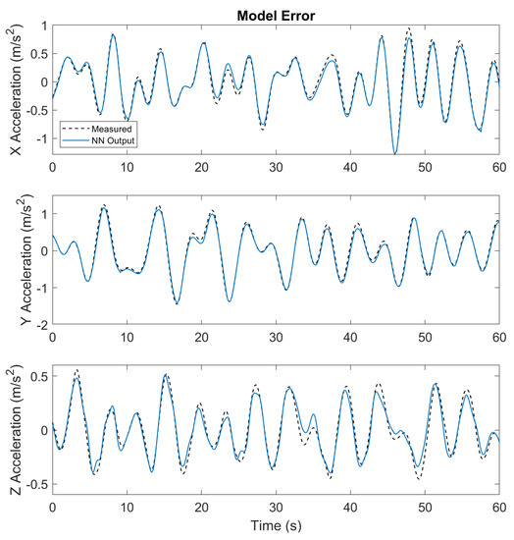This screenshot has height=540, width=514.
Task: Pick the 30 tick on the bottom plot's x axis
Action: (x=275, y=508)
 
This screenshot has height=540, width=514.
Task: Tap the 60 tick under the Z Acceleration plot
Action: (x=497, y=508)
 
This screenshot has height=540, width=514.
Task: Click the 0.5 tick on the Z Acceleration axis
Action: (x=36, y=376)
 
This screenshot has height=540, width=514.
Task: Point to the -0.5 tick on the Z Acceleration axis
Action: (x=33, y=484)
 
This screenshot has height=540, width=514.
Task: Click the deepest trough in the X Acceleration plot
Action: (x=394, y=153)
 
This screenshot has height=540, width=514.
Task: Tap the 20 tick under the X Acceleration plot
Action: (x=200, y=169)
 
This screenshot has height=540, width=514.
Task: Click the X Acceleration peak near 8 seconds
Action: (x=113, y=34)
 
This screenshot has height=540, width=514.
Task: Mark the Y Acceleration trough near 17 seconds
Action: (x=177, y=303)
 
